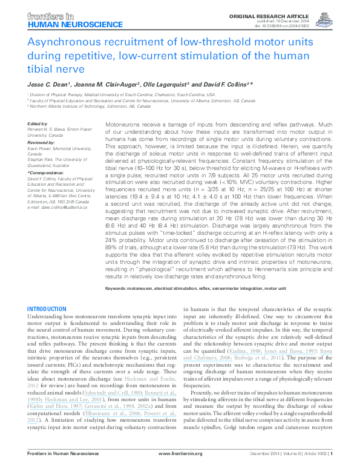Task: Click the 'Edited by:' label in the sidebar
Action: pos(38,123)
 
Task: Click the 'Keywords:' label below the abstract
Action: pos(120,289)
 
